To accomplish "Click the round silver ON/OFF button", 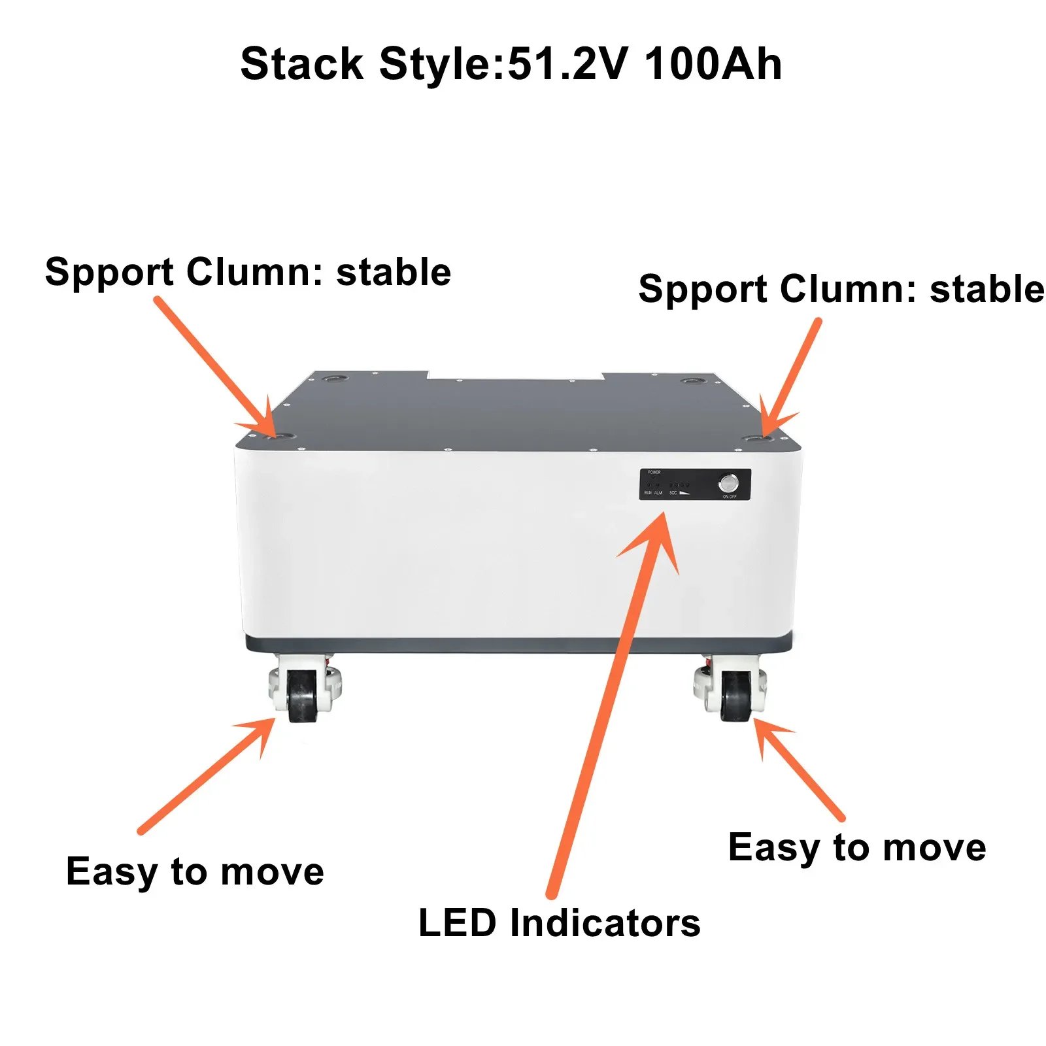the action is [728, 483].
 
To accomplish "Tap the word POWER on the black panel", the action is [654, 472].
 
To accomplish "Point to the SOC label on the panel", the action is [673, 493].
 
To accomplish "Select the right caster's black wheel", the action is [735, 697].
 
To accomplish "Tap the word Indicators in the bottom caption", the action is [605, 923].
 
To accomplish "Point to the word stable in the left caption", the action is [394, 272].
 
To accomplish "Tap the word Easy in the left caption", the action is [112, 872].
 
